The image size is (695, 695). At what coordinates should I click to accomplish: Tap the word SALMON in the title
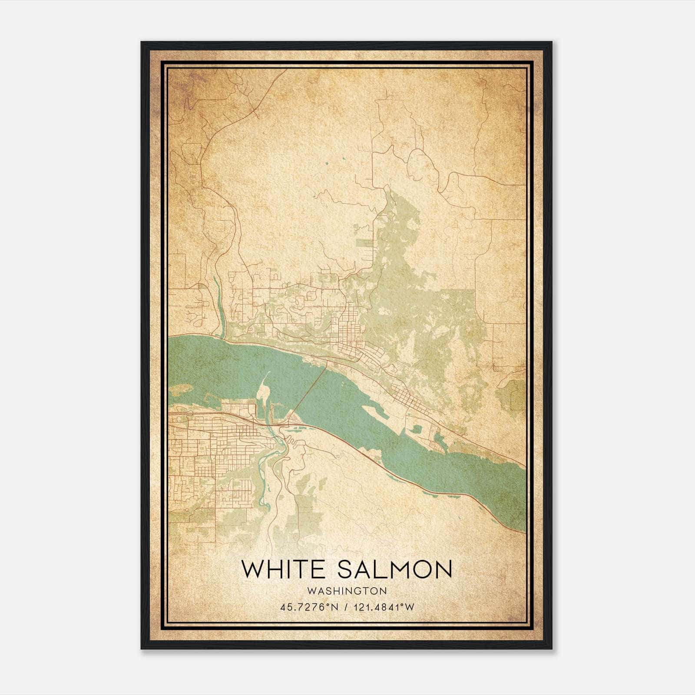395,569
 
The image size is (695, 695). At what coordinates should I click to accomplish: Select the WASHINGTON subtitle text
347,591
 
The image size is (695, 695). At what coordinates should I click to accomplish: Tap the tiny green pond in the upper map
325,164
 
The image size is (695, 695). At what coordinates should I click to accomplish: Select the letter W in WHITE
252,569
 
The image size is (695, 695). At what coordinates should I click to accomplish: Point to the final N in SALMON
442,569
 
